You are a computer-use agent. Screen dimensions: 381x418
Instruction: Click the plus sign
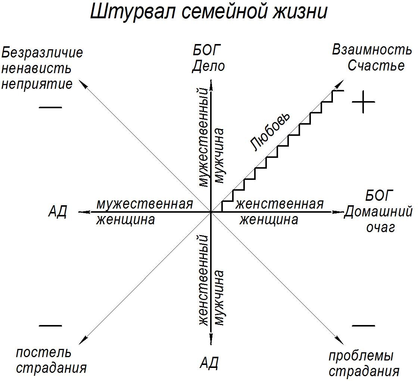click(x=363, y=102)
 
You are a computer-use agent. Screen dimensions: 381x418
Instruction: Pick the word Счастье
click(x=376, y=65)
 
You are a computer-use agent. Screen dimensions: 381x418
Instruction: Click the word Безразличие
click(x=42, y=53)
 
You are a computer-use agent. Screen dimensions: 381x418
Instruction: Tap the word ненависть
click(x=36, y=68)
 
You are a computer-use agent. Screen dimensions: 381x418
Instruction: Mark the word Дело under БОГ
click(x=209, y=66)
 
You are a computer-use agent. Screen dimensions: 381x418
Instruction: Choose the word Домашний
click(x=378, y=212)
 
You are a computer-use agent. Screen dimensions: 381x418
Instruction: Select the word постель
click(x=43, y=352)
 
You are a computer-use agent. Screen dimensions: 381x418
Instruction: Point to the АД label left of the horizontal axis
click(x=57, y=212)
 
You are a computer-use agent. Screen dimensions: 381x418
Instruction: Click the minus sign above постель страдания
click(x=50, y=325)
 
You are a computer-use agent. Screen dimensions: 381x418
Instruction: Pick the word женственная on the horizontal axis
click(x=279, y=204)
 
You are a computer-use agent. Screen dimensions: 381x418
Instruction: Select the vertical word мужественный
click(x=202, y=137)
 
